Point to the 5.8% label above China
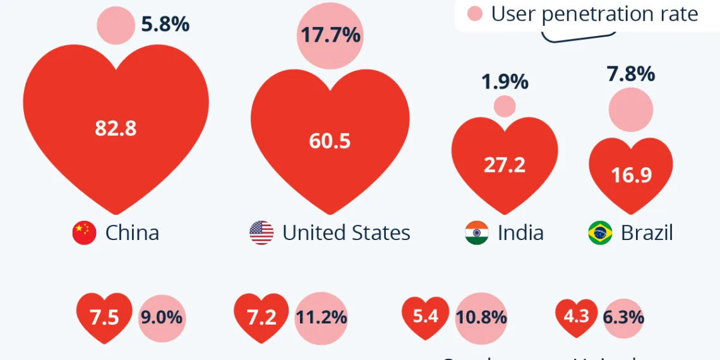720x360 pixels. point(165,24)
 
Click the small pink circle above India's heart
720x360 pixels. point(505,106)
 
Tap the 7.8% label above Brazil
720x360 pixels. point(630,75)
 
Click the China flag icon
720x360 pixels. point(84,233)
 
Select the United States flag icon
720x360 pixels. point(261,233)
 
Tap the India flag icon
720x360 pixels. point(477,233)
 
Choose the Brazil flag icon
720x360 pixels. point(600,233)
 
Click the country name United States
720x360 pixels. point(346,233)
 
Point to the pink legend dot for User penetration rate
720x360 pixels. point(475,13)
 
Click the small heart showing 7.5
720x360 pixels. point(104,316)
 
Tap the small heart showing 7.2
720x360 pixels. point(261,316)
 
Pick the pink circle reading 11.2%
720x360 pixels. point(321,317)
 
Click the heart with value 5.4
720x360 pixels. point(426,315)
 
